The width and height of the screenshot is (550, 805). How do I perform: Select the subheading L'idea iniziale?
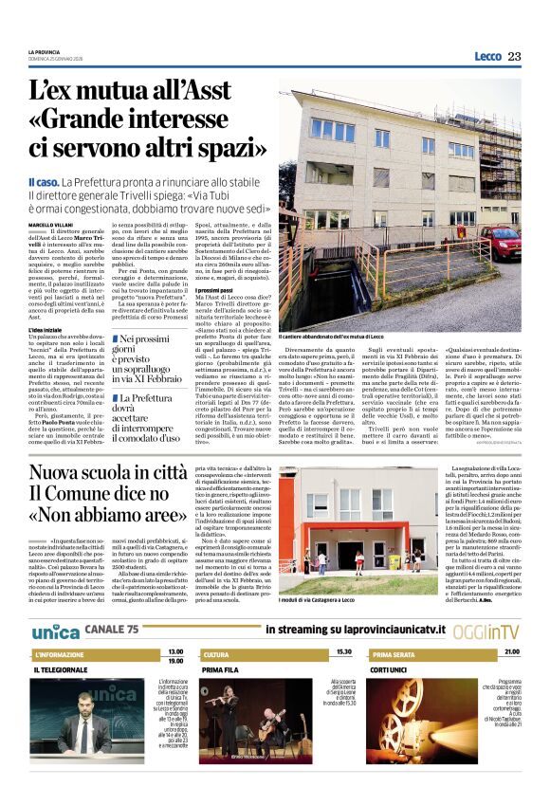point(46,329)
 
